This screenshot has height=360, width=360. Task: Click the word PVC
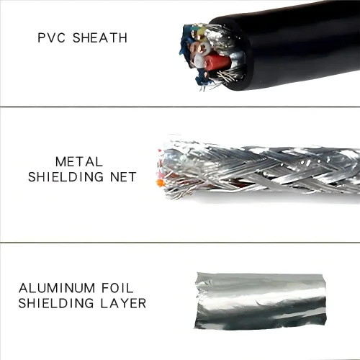(51, 38)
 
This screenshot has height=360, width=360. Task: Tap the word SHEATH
(100, 38)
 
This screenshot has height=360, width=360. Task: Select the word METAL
(79, 162)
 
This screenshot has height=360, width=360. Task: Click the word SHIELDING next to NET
(66, 177)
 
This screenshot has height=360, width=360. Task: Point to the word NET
(123, 177)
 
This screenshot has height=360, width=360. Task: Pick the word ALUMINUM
(57, 288)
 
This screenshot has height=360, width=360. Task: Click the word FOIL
(117, 288)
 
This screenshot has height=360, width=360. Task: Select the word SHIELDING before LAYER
(56, 303)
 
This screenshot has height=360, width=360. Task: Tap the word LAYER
(123, 303)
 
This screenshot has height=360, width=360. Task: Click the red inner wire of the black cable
(217, 63)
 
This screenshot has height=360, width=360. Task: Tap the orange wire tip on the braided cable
(159, 183)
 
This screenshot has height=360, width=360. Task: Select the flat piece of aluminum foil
(260, 301)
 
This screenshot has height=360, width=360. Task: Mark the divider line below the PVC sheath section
(180, 107)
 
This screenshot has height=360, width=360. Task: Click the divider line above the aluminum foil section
(180, 243)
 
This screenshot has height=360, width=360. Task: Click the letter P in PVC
(41, 38)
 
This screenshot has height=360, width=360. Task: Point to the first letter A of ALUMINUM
(24, 288)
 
